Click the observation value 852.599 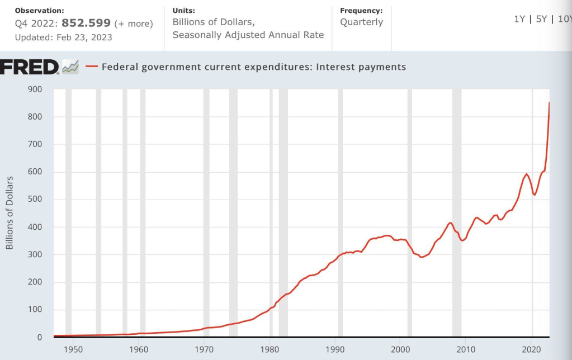click(86, 23)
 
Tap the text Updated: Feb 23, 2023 click(63, 37)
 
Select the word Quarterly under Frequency click(361, 22)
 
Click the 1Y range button click(519, 19)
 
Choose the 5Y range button click(541, 19)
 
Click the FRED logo click(30, 67)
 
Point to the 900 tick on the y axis click(34, 89)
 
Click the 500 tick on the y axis click(34, 200)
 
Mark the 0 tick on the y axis click(39, 338)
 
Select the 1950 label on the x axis click(73, 349)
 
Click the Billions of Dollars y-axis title click(10, 213)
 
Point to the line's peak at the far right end click(549, 102)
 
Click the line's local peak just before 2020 click(526, 174)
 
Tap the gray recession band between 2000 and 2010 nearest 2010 click(457, 212)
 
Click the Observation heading click(39, 11)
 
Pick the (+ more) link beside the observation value click(133, 24)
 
